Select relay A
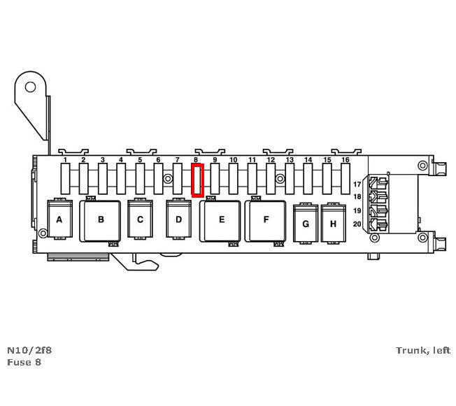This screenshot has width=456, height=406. [x=59, y=219]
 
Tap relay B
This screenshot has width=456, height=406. [x=101, y=219]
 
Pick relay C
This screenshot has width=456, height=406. [x=140, y=219]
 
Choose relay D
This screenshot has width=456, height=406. [x=178, y=219]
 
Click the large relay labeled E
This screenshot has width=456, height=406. [x=221, y=219]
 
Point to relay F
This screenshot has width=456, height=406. [x=266, y=219]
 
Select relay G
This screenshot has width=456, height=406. [x=305, y=224]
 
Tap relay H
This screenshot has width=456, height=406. [x=333, y=224]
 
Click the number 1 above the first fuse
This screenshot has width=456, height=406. [x=65, y=161]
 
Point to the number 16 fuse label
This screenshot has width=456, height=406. [x=345, y=161]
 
